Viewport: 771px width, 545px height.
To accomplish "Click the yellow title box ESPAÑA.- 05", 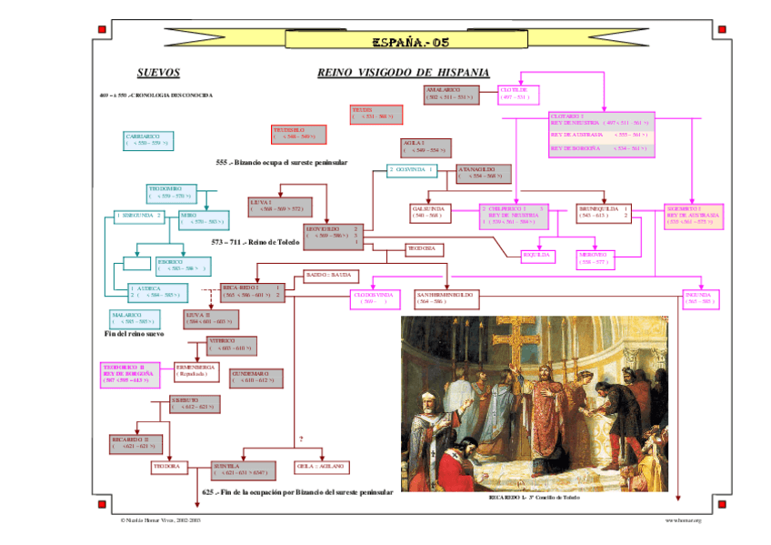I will [410, 40].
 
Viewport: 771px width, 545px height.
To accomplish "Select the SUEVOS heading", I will [158, 73].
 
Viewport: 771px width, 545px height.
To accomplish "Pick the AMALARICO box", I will [451, 94].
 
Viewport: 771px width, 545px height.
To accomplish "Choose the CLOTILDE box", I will [519, 95].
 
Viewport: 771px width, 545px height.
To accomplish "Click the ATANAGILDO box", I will [484, 173].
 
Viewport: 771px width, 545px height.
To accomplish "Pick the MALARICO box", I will [134, 318].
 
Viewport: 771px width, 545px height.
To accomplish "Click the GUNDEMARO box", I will [255, 378].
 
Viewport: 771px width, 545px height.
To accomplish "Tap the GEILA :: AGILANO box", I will [321, 466].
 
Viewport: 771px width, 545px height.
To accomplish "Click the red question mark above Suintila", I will [301, 439].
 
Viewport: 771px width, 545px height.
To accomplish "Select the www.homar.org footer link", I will [682, 520].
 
